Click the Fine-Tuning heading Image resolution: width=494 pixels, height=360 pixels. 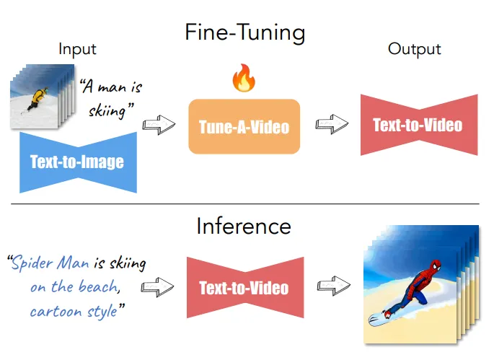point(244,32)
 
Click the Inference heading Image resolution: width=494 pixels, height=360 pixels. point(244,226)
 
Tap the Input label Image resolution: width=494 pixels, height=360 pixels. point(77,50)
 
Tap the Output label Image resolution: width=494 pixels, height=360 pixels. point(414,49)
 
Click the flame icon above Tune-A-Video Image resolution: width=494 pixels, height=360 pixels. point(244,78)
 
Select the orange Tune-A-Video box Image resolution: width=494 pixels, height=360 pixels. point(244,126)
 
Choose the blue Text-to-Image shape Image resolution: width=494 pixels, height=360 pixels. point(78,162)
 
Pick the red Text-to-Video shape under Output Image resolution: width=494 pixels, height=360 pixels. point(419,125)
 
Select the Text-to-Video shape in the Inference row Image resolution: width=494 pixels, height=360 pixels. point(245,288)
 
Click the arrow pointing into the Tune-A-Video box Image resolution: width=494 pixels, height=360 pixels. point(159,125)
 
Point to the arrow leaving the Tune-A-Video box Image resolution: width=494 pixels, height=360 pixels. point(332,124)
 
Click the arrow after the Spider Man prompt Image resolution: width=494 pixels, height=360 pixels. point(157,287)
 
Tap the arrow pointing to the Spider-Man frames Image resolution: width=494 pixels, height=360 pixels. point(334,286)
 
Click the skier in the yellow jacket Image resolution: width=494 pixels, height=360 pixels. point(38,98)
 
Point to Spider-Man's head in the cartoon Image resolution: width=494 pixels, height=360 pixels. point(436,265)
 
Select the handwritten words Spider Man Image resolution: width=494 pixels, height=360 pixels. point(50,263)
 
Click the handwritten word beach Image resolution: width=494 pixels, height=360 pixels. point(99,286)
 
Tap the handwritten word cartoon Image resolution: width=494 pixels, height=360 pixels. point(56,312)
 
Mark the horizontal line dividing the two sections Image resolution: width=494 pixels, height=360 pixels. point(245,204)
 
